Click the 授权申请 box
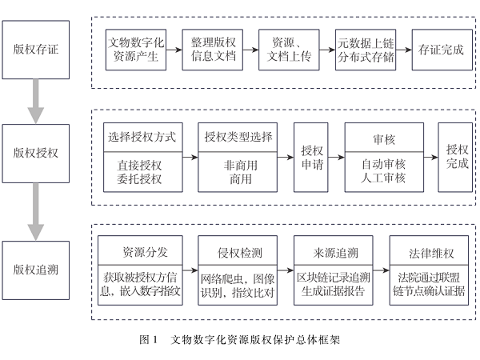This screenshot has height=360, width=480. click(x=310, y=156)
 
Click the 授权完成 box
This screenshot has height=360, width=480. click(x=457, y=156)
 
